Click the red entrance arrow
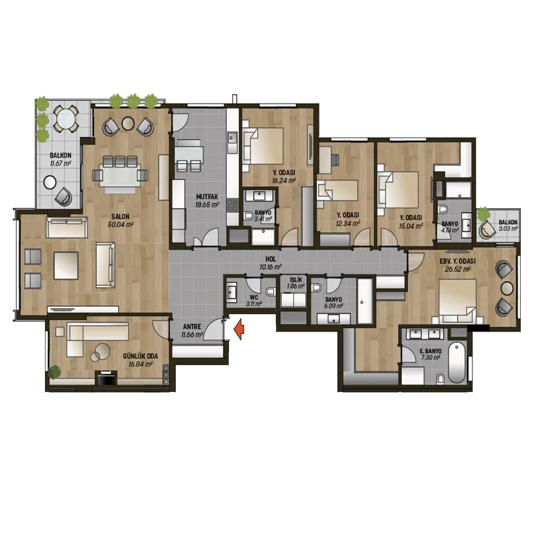coord(239,329)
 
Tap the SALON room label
coord(120,216)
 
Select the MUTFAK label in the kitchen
coord(207,197)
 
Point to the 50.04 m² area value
coord(120,224)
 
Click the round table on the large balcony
coord(66,119)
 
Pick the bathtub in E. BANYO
coord(457,363)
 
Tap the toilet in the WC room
coord(271,291)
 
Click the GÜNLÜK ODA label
coord(140,356)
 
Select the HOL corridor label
coord(271,259)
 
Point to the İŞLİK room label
coord(295,280)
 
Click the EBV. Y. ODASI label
coord(458,261)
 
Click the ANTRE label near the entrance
coord(192,327)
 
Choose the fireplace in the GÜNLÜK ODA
coord(106,378)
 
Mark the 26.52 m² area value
coord(458,269)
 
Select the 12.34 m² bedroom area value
coord(348,224)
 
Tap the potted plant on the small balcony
coord(483,214)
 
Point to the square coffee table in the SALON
coord(66,265)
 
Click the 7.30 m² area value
coord(430,358)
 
